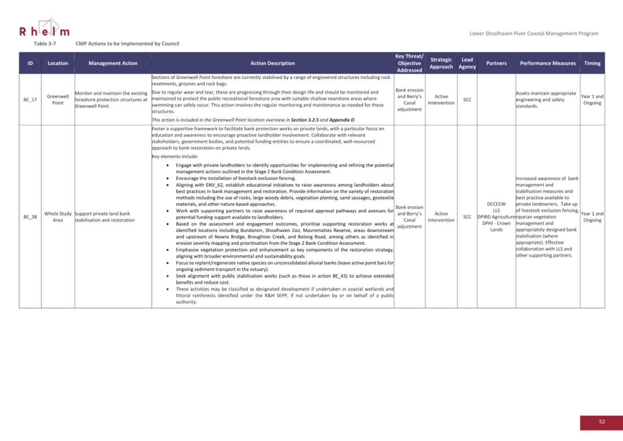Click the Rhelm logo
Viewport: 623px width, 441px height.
click(x=44, y=29)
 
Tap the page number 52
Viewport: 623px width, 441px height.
click(x=601, y=422)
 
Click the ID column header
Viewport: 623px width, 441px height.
click(x=30, y=63)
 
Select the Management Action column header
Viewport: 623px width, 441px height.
click(x=113, y=63)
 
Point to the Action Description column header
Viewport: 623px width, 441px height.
click(x=273, y=63)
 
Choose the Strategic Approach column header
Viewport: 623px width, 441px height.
click(x=441, y=63)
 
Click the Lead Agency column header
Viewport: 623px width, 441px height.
click(x=467, y=63)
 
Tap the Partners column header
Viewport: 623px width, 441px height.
click(x=496, y=63)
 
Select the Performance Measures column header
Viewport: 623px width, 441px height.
click(x=548, y=63)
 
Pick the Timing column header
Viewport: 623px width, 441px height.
click(x=592, y=63)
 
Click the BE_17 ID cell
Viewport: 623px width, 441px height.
click(x=30, y=100)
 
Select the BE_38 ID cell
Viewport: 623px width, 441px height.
click(x=30, y=217)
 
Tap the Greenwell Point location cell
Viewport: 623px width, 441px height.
click(x=58, y=100)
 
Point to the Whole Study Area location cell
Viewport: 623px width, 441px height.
click(x=58, y=217)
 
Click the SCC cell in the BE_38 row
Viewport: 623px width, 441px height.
click(x=467, y=217)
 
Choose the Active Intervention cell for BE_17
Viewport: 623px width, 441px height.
click(x=441, y=100)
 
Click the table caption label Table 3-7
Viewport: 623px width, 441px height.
click(x=44, y=44)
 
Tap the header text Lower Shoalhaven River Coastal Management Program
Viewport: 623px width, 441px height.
click(x=534, y=33)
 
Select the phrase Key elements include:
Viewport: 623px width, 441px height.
click(x=175, y=156)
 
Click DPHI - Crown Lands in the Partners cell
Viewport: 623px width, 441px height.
click(x=496, y=227)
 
